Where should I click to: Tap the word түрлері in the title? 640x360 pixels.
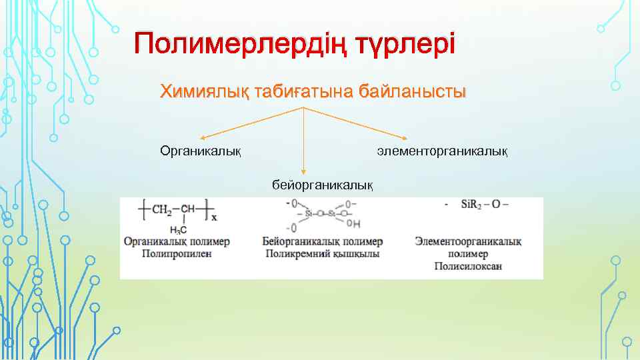click(405, 45)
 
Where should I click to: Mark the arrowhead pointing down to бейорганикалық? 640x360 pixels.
click(304, 173)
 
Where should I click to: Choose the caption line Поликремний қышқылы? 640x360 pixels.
click(323, 253)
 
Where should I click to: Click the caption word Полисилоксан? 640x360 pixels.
click(468, 266)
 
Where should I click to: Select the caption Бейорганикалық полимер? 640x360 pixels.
click(323, 241)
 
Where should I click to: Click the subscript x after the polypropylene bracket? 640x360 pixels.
click(214, 217)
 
